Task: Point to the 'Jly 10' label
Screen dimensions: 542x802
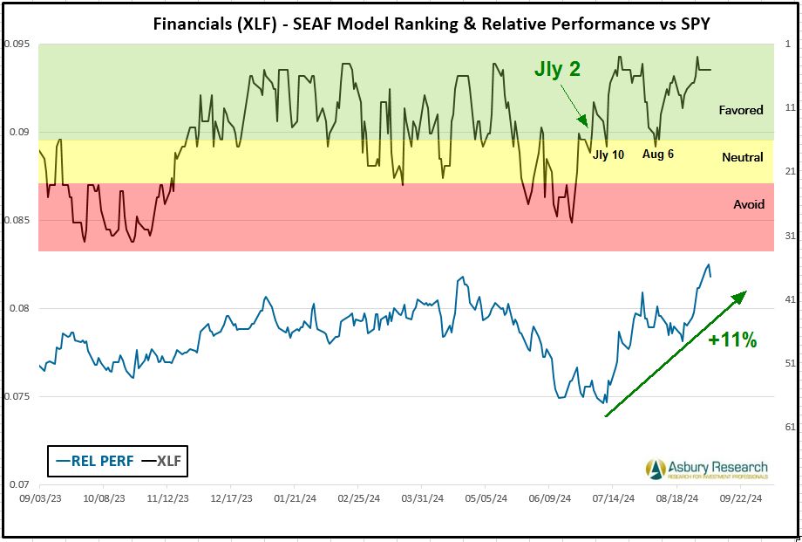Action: pos(608,154)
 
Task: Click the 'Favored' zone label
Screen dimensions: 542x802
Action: pos(741,110)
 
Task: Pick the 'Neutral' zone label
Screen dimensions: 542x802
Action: pos(743,157)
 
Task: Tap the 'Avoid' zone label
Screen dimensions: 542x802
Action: pos(749,204)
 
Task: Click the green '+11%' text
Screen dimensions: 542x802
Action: pos(732,340)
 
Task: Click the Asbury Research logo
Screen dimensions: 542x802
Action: pos(707,470)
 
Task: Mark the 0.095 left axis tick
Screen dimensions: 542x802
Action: pos(17,44)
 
